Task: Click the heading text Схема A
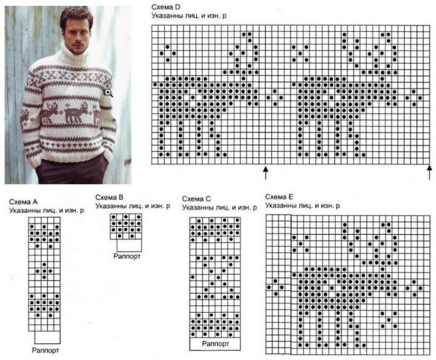coord(23,201)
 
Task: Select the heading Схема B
coord(109,198)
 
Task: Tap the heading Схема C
coord(196,199)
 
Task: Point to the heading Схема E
coord(279,197)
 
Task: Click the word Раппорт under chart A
coord(46,351)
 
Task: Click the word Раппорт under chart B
coord(127,256)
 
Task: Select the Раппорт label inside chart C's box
coord(215,343)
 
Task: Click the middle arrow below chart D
coord(265,173)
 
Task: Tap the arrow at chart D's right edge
coord(429,172)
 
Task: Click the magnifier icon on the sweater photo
coord(109,93)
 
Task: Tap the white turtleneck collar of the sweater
coord(73,57)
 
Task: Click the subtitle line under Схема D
coord(189,16)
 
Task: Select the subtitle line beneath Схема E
coord(302,206)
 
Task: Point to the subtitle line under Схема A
coord(47,211)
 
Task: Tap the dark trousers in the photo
coord(72,172)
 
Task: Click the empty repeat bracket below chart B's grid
coord(129,245)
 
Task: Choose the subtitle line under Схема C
coord(219,208)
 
